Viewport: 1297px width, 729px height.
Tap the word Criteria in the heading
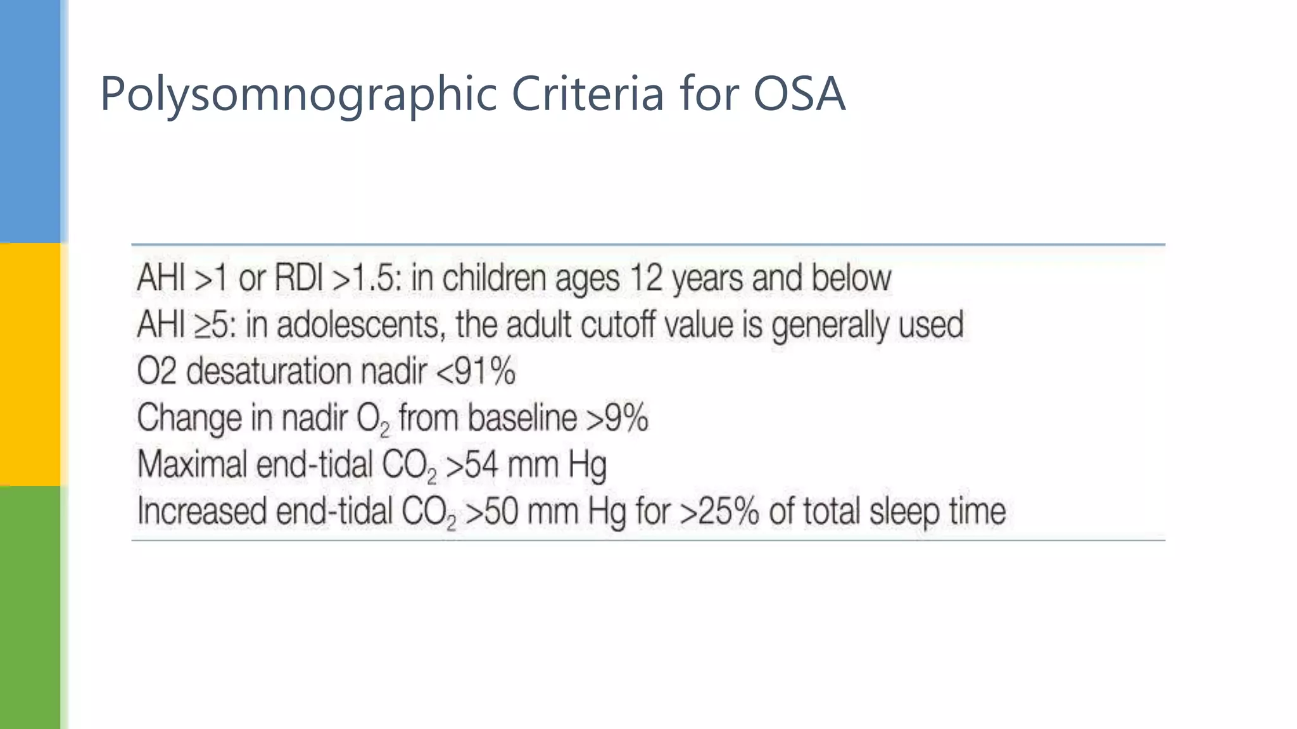click(588, 94)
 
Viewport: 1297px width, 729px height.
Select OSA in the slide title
click(799, 94)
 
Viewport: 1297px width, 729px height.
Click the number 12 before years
click(646, 278)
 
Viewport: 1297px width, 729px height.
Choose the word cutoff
click(617, 325)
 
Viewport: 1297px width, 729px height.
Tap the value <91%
click(476, 371)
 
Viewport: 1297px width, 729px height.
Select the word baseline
click(522, 418)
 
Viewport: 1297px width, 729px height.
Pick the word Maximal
click(192, 464)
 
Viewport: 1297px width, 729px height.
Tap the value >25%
click(719, 511)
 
